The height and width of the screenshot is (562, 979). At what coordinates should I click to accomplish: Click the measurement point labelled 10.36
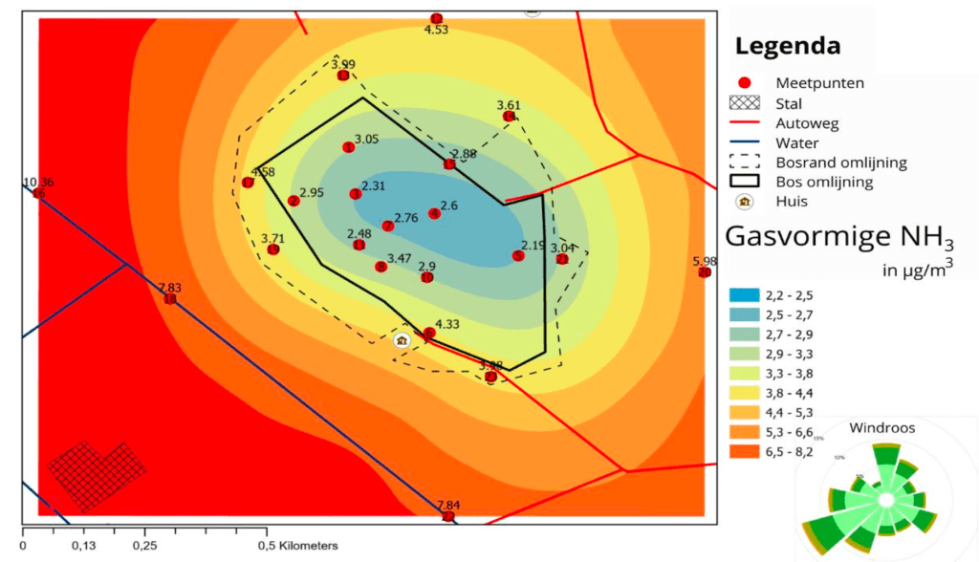[x=38, y=193]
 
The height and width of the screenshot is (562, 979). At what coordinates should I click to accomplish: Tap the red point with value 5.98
[x=705, y=272]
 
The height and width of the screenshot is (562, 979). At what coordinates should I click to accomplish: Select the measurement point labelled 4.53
[x=436, y=18]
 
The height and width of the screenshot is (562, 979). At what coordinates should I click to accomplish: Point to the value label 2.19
[x=533, y=245]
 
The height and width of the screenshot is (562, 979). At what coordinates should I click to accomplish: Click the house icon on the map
[x=402, y=339]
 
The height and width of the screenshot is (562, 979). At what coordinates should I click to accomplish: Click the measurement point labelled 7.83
[x=169, y=299]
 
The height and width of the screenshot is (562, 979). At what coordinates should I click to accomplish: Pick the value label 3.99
[x=343, y=64]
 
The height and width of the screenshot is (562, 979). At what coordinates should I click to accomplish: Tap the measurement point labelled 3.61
[x=509, y=117]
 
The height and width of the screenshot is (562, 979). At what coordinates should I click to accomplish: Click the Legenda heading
[x=788, y=45]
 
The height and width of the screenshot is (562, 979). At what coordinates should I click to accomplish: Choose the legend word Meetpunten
[x=819, y=83]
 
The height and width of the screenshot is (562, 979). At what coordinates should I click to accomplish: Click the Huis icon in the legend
[x=745, y=202]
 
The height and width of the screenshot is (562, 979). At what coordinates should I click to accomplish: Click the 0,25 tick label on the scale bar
[x=144, y=546]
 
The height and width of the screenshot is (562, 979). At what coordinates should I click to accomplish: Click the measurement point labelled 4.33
[x=429, y=334]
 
